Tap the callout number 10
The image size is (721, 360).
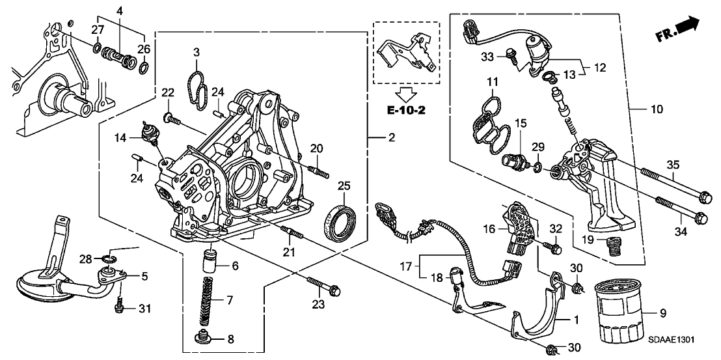click(657, 109)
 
